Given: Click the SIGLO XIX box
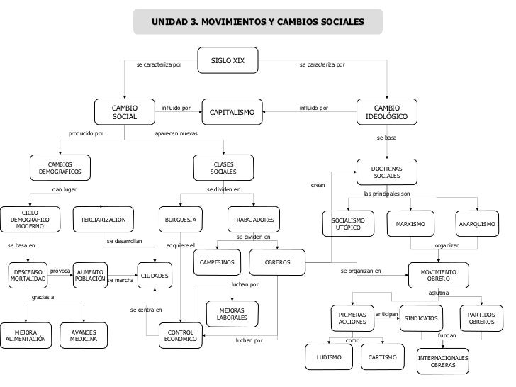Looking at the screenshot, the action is click(228, 60).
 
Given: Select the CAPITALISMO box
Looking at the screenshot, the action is click(232, 112).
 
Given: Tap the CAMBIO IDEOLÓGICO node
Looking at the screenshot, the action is click(387, 112).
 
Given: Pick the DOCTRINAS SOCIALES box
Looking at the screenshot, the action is click(387, 172).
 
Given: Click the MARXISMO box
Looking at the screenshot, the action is click(410, 224).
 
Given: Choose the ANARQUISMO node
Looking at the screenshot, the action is click(477, 224).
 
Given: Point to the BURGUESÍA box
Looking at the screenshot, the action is click(180, 220).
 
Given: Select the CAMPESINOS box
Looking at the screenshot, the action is click(217, 262).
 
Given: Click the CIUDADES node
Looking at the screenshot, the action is click(155, 276).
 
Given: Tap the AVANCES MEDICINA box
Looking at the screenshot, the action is click(84, 335).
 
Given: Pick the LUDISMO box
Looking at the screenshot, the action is click(329, 357).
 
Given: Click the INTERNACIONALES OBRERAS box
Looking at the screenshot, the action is click(442, 361).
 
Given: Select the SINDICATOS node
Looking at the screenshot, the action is click(421, 318).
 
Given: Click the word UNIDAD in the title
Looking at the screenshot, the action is click(169, 22).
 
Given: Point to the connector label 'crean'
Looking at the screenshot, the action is click(318, 185).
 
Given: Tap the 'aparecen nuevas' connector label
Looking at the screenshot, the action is click(176, 133).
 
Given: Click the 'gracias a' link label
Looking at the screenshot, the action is click(43, 297).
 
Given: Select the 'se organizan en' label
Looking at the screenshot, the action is click(361, 271).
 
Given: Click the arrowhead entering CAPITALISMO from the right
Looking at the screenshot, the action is click(264, 112).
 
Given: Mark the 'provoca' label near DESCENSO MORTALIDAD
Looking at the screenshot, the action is click(60, 271).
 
